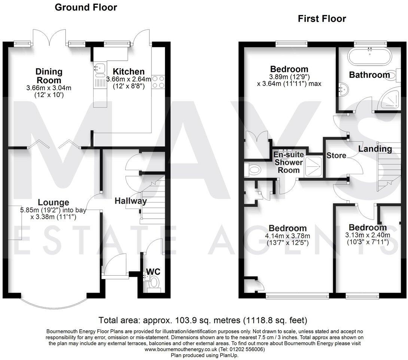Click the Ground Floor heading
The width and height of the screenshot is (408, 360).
tap(86, 7)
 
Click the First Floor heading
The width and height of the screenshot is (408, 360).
tap(322, 19)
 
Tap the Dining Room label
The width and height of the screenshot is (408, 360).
tap(49, 76)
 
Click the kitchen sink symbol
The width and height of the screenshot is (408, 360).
tap(100, 69)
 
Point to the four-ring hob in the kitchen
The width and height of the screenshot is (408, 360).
tap(158, 82)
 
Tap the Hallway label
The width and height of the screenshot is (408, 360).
tap(131, 201)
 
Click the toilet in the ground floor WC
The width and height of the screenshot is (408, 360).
tap(154, 285)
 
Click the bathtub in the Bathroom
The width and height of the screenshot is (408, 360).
tap(369, 58)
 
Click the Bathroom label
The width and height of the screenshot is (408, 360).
tap(369, 75)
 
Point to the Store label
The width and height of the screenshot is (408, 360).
tap(336, 155)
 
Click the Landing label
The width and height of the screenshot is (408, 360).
tap(375, 149)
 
